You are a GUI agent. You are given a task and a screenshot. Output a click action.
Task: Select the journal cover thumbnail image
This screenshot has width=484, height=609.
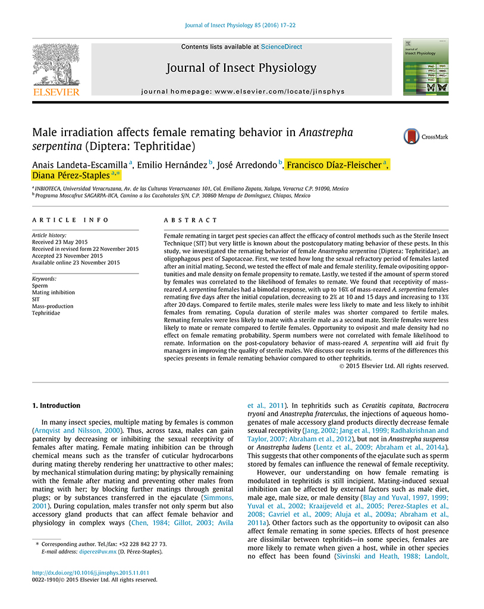(426, 66)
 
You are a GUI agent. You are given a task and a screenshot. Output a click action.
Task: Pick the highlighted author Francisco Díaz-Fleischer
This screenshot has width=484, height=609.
(334, 165)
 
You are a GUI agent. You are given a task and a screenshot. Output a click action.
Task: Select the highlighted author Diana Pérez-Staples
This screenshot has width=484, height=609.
(70, 175)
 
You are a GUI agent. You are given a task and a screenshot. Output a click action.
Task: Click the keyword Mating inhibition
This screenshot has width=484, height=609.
(54, 293)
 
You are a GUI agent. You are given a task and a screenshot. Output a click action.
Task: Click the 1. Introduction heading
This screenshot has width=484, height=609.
(56, 406)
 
